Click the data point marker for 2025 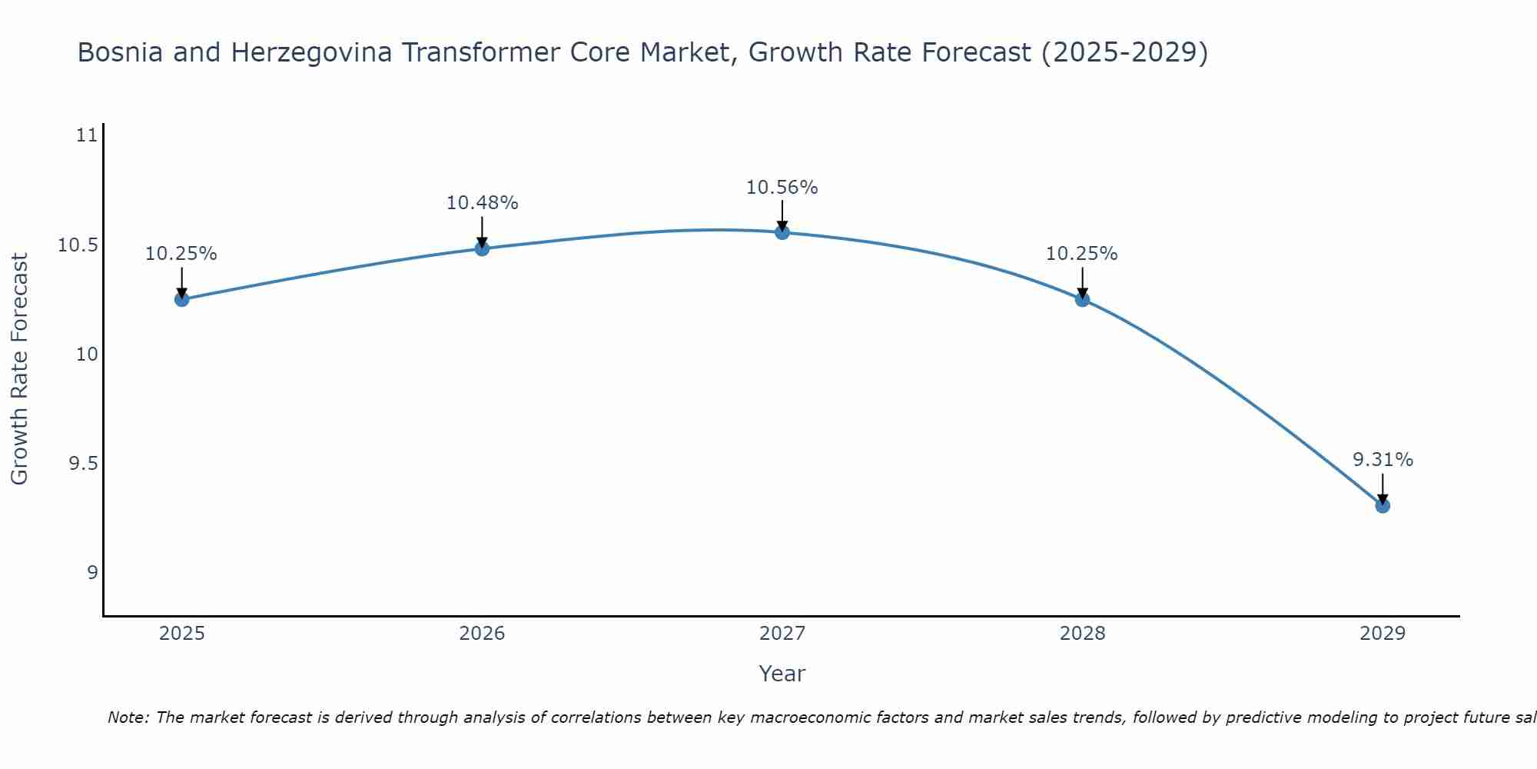pyautogui.click(x=181, y=299)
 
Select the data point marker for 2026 pyautogui.click(x=482, y=248)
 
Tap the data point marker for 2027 pyautogui.click(x=782, y=231)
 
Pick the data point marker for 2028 pyautogui.click(x=1082, y=299)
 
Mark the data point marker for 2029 pyautogui.click(x=1383, y=505)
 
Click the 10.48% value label pyautogui.click(x=482, y=203)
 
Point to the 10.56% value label pyautogui.click(x=782, y=187)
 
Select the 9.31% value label pyautogui.click(x=1383, y=460)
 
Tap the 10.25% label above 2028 pyautogui.click(x=1082, y=254)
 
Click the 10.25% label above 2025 pyautogui.click(x=181, y=254)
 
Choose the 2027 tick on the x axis pyautogui.click(x=782, y=634)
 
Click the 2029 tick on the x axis pyautogui.click(x=1383, y=634)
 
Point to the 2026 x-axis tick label pyautogui.click(x=482, y=634)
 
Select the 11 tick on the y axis pyautogui.click(x=87, y=136)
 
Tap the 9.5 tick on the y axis pyautogui.click(x=83, y=464)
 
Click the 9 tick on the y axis pyautogui.click(x=92, y=573)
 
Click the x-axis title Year pyautogui.click(x=782, y=674)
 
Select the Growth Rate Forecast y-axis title pyautogui.click(x=19, y=369)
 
